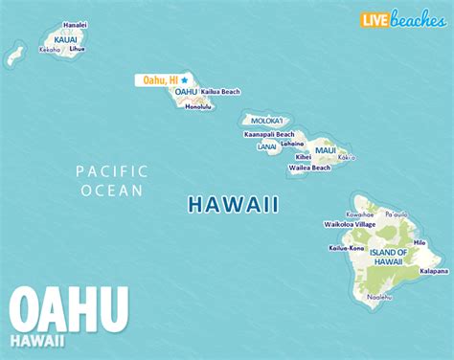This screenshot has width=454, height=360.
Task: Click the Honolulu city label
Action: [x=199, y=105]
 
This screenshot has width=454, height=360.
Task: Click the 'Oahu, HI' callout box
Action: [x=160, y=80]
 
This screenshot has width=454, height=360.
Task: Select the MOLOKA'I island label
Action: [x=266, y=121]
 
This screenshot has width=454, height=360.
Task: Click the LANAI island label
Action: [x=267, y=146]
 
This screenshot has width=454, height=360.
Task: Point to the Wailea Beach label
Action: [x=311, y=168]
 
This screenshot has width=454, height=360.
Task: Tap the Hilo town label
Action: [x=419, y=243]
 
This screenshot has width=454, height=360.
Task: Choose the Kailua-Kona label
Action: [x=347, y=247]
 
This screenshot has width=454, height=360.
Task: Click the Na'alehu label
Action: [x=380, y=297]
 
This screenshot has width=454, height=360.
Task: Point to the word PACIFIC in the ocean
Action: [x=112, y=170]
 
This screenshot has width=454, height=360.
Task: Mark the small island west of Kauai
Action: [x=14, y=55]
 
